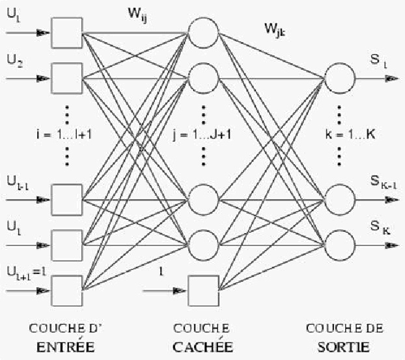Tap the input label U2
pyautogui.click(x=14, y=64)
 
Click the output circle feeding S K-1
pyautogui.click(x=339, y=197)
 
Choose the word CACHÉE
pyautogui.click(x=202, y=348)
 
